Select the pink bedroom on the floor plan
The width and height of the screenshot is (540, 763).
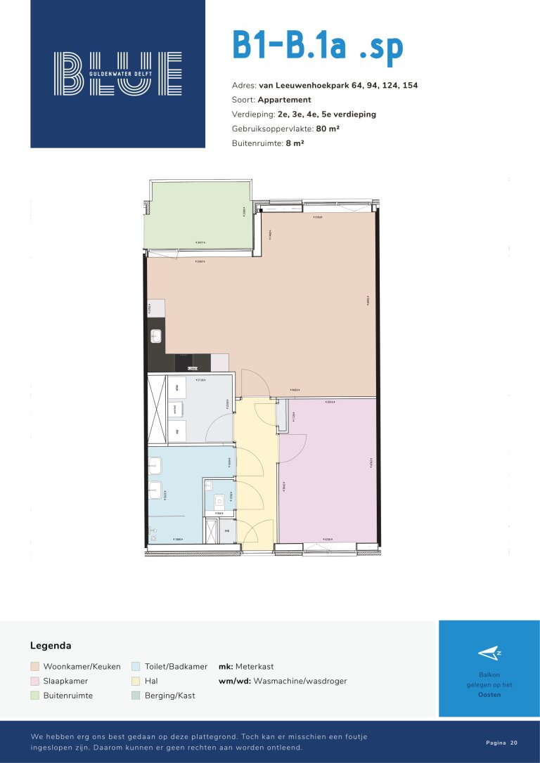327,471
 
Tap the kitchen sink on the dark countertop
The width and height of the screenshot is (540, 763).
156,337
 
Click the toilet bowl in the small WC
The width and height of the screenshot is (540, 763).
219,500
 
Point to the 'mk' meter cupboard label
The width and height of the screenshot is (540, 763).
226,531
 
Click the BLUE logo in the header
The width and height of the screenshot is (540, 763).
118,73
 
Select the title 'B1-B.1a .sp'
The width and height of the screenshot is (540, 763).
318,46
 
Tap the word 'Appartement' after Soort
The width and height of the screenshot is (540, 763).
284,100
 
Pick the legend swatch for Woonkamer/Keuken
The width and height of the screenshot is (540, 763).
34,666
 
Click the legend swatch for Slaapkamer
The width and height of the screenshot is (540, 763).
34,681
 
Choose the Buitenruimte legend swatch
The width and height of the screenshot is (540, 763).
34,696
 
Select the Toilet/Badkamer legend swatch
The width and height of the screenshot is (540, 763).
136,666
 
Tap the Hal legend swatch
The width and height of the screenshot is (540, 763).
136,681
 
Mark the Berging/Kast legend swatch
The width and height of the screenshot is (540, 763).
136,696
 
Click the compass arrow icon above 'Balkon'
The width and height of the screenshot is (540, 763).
489,653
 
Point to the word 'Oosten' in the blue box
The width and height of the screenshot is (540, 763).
489,695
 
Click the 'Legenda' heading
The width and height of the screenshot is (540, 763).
51,645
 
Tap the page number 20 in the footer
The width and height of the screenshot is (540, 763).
514,743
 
